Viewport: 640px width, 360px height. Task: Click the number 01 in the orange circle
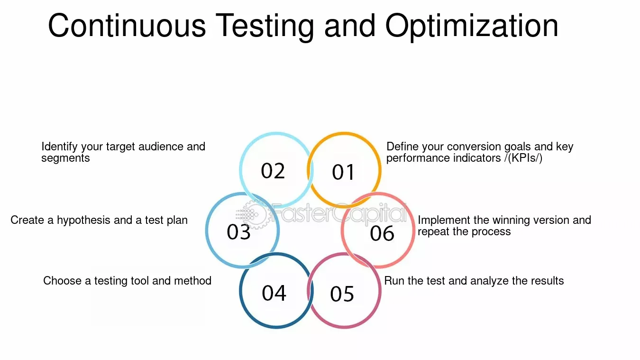tap(343, 172)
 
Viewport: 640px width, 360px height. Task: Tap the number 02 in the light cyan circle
tap(273, 171)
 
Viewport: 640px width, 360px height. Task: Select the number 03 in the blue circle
tap(238, 231)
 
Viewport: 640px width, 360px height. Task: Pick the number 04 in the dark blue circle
tap(274, 293)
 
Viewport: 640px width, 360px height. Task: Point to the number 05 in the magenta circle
tap(342, 294)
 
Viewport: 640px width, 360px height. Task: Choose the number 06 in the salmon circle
tap(382, 233)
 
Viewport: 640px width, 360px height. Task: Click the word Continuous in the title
tap(127, 26)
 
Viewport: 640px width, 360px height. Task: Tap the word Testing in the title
tap(265, 27)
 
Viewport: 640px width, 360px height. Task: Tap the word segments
tap(65, 158)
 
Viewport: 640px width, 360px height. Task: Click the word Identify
tap(59, 147)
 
